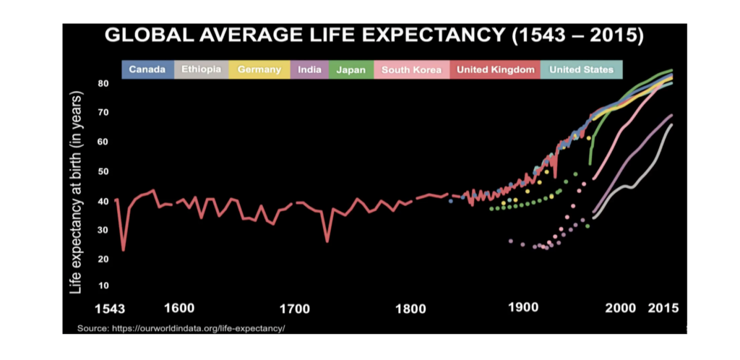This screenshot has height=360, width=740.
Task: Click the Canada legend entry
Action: tap(147, 70)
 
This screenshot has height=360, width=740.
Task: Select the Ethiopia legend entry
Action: tap(201, 70)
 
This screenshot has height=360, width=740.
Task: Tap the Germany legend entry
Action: tap(259, 70)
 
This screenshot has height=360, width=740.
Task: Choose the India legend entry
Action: tap(309, 70)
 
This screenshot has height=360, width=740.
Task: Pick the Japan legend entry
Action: tap(351, 70)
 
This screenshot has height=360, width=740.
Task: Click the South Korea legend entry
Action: tap(411, 70)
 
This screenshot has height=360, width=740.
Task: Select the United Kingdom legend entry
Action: tap(495, 70)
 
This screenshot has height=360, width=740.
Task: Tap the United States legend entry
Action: tap(582, 70)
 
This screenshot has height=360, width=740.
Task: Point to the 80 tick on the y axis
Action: tap(103, 84)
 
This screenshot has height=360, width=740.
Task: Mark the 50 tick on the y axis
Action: tap(103, 171)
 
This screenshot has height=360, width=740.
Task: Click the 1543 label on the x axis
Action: tap(114, 309)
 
